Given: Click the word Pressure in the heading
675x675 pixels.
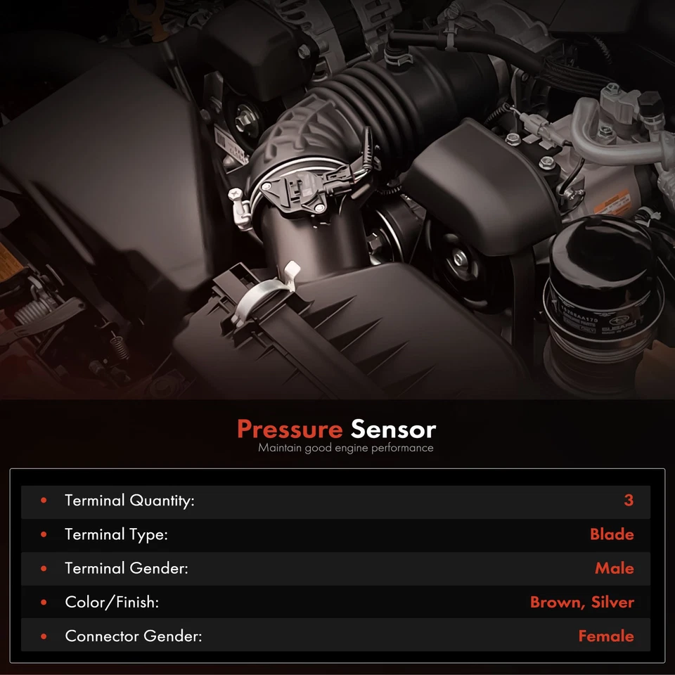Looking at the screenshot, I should [x=290, y=430].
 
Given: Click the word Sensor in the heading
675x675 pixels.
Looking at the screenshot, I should [x=393, y=430].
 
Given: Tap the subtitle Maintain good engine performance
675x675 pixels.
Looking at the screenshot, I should [x=345, y=448].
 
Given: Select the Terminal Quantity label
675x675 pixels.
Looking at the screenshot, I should [x=129, y=501].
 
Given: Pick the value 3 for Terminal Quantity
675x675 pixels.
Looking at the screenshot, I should [x=628, y=501].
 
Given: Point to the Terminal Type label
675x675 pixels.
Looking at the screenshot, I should [x=116, y=534].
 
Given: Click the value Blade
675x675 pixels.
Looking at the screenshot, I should [x=612, y=534].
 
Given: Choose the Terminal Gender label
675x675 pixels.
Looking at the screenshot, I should [x=127, y=568].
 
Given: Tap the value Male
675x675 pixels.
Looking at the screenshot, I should [x=614, y=568].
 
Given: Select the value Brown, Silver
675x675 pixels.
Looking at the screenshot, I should [x=581, y=602].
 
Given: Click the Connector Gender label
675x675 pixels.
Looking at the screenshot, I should [x=134, y=636].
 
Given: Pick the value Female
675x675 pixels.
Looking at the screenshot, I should [x=605, y=636].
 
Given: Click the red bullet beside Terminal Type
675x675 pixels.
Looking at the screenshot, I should [x=44, y=534].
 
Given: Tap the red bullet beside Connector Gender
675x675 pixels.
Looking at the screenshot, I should [x=44, y=636].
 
